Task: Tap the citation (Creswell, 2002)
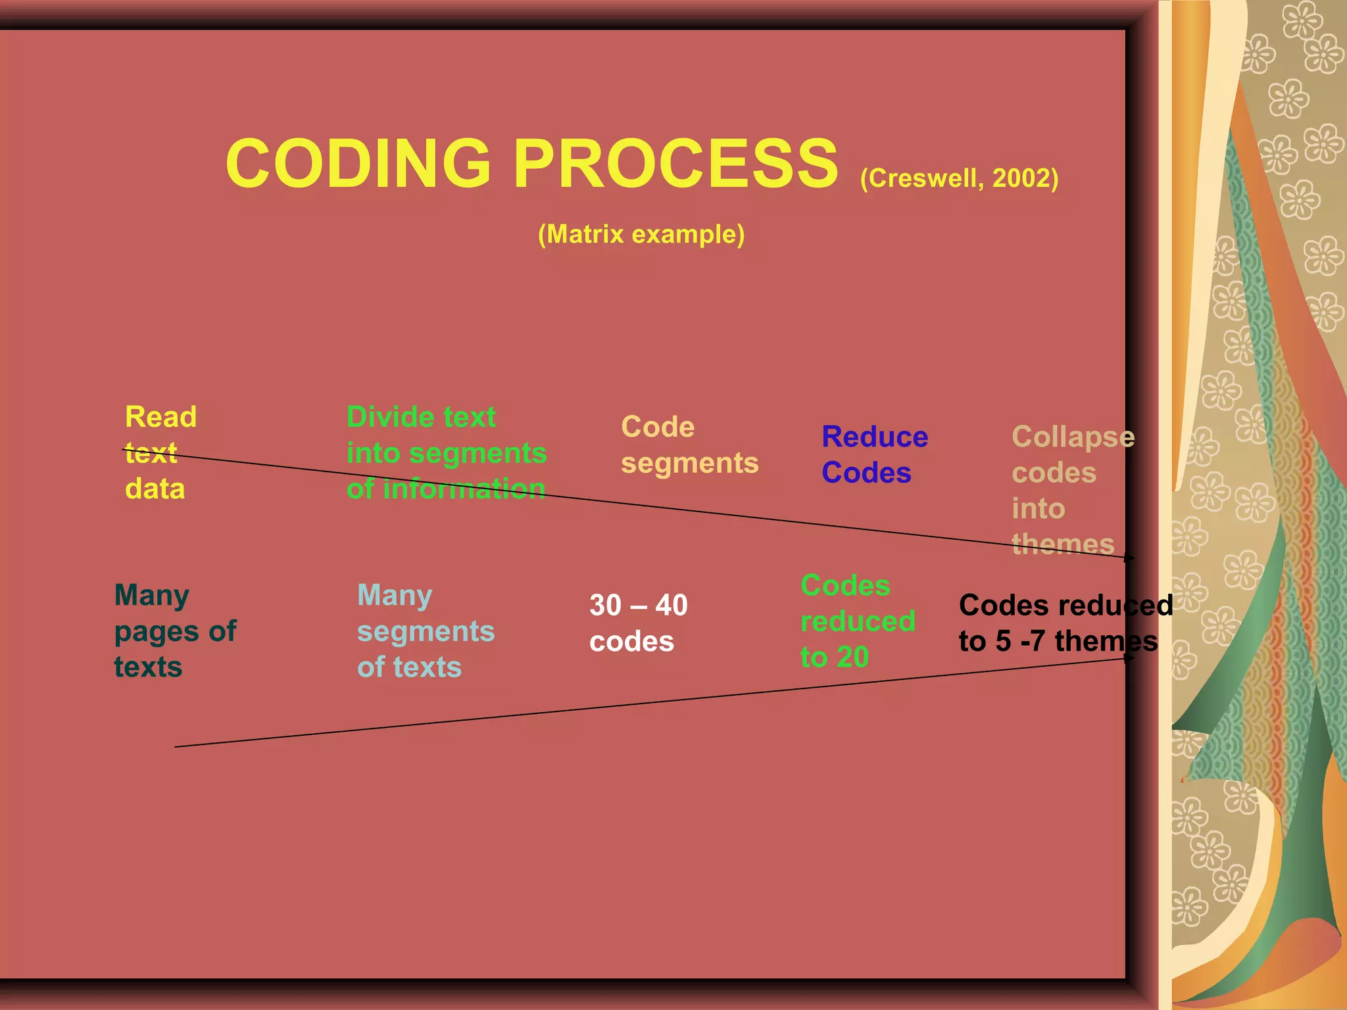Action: pos(959,178)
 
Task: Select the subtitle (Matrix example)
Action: pos(641,234)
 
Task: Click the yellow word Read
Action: pos(160,417)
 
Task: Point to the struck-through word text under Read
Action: pos(151,453)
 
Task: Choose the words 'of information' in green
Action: pos(446,489)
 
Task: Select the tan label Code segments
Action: pos(689,445)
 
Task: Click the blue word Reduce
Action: pos(875,437)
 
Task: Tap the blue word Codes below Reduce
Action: pos(866,473)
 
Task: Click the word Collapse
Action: pos(1073,437)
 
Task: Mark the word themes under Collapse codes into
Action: pos(1063,544)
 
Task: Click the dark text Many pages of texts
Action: pos(175,631)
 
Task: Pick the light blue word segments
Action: pos(426,631)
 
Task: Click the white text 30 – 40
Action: pos(638,606)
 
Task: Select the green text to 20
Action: pos(835,657)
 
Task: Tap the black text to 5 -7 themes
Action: pos(1058,641)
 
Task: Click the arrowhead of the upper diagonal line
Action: pos(1131,558)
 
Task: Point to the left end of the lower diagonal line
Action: pos(176,746)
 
